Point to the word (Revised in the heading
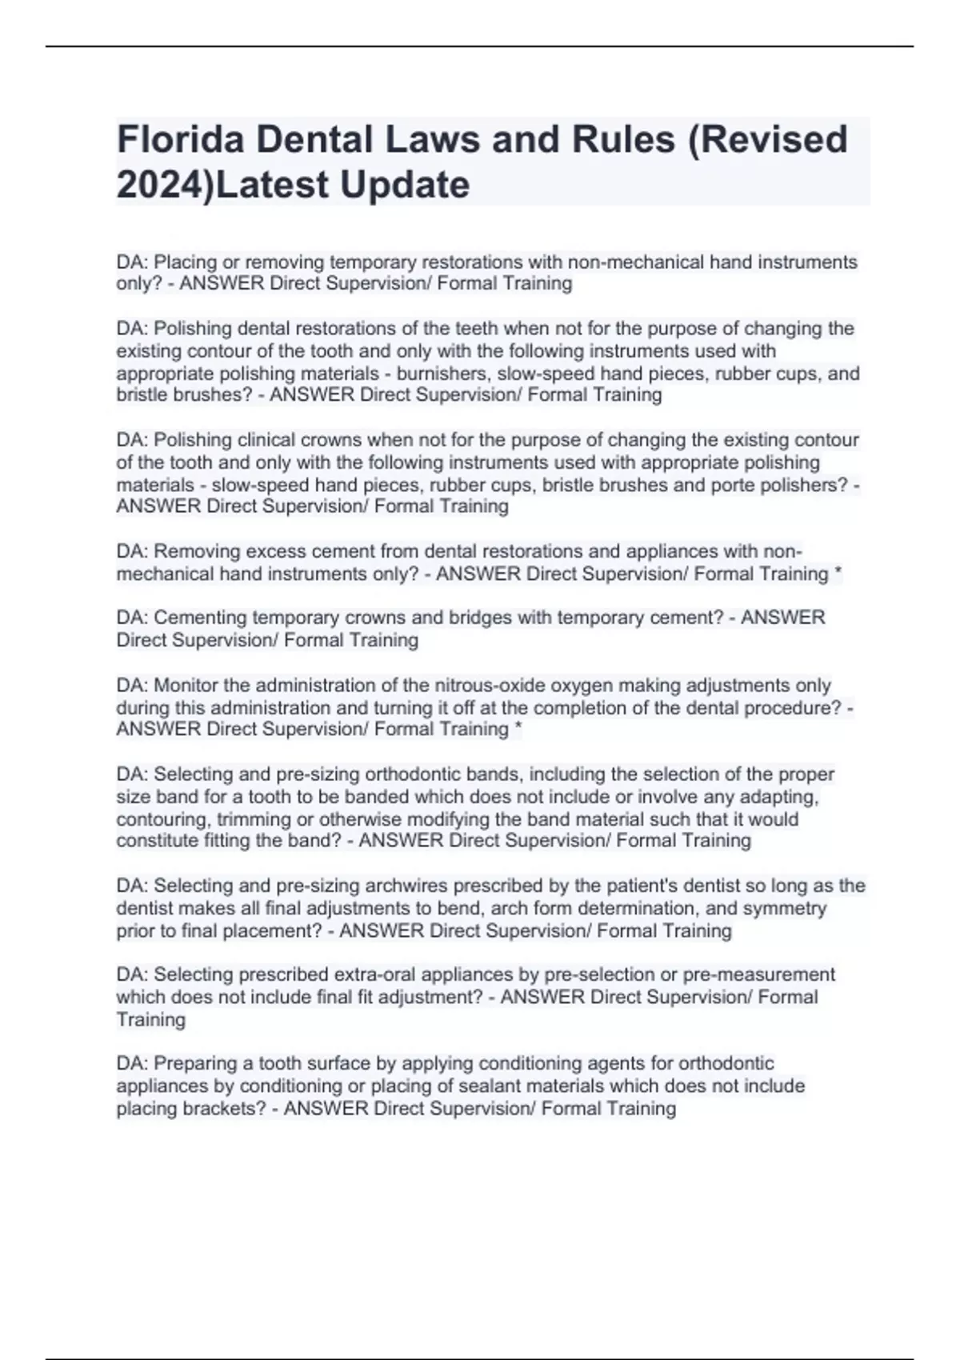pyautogui.click(x=768, y=140)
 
